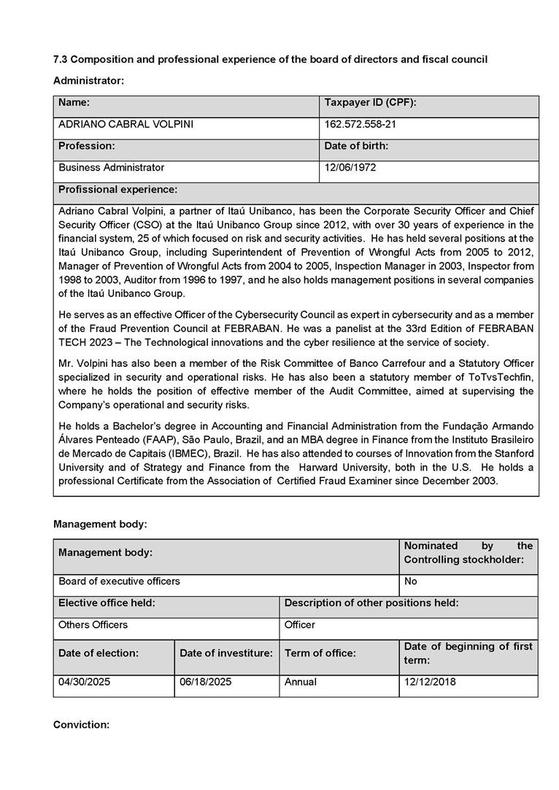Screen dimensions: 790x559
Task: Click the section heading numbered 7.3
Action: pyautogui.click(x=270, y=59)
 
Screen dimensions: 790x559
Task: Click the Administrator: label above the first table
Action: pyautogui.click(x=88, y=80)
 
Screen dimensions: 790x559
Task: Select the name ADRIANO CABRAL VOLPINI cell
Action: pyautogui.click(x=126, y=125)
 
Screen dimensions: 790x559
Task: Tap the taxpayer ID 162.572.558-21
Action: pyautogui.click(x=361, y=125)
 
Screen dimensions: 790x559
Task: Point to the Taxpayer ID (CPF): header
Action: pyautogui.click(x=370, y=103)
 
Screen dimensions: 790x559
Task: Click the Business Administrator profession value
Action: pyautogui.click(x=111, y=168)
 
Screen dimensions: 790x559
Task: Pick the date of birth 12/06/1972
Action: pyautogui.click(x=350, y=168)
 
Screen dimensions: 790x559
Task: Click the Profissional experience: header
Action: pyautogui.click(x=117, y=190)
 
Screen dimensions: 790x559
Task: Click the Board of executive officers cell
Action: pyautogui.click(x=119, y=581)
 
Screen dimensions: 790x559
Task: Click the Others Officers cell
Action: pyautogui.click(x=93, y=625)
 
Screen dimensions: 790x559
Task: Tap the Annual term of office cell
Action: pyautogui.click(x=301, y=682)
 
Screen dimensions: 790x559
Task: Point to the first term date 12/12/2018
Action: pyautogui.click(x=429, y=682)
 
